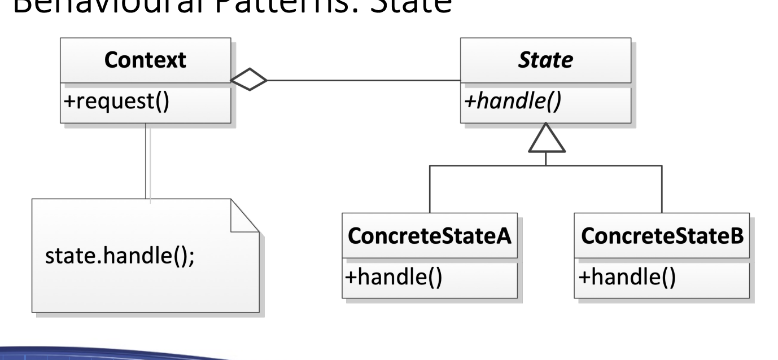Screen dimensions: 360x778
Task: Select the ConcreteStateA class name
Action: [429, 236]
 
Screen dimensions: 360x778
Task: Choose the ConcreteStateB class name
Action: [662, 236]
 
